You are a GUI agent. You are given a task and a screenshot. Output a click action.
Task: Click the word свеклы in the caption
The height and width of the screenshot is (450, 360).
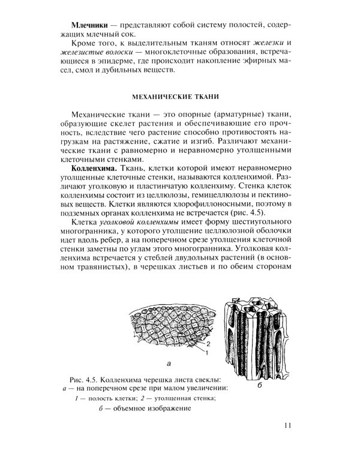click(x=217, y=380)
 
